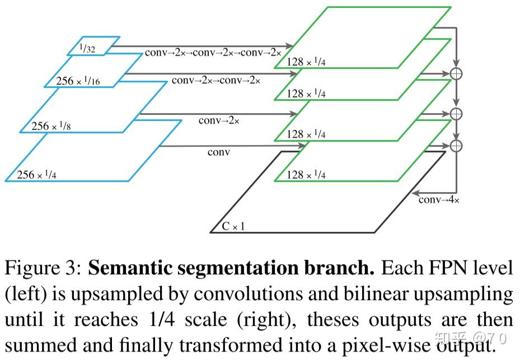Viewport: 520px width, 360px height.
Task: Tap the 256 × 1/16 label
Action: [x=78, y=82]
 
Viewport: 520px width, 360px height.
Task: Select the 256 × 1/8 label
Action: [x=51, y=127]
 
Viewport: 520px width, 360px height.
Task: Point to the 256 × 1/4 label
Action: [x=36, y=175]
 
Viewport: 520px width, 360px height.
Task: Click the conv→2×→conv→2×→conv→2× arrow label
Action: [x=213, y=53]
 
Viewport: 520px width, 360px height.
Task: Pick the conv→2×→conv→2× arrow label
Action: [x=216, y=81]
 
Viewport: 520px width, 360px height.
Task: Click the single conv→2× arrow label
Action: [x=219, y=120]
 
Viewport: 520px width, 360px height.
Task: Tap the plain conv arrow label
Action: [x=219, y=152]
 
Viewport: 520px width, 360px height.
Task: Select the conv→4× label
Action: [x=439, y=200]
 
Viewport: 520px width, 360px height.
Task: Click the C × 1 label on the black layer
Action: [x=233, y=227]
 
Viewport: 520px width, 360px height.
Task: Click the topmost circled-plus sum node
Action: [x=457, y=73]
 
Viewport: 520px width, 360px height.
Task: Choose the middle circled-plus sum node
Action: [x=457, y=114]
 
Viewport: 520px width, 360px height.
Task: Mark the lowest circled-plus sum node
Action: [x=457, y=146]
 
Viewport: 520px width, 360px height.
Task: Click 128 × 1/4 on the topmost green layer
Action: [x=306, y=62]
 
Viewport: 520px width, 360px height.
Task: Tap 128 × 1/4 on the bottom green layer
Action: [x=306, y=175]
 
